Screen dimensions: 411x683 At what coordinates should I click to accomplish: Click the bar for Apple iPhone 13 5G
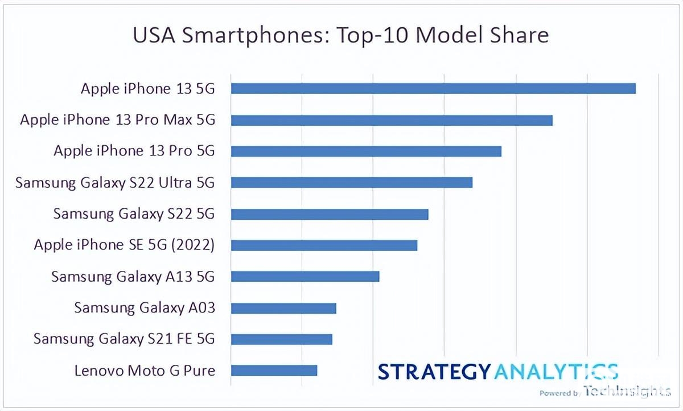pyautogui.click(x=433, y=88)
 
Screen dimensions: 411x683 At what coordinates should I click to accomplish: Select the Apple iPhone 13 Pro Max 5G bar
pyautogui.click(x=392, y=120)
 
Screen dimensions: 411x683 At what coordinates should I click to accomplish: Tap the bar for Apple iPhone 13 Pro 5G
pyautogui.click(x=366, y=151)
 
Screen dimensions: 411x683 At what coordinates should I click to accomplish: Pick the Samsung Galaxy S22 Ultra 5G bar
pyautogui.click(x=352, y=182)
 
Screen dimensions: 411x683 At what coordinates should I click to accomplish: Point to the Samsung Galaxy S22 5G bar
pyautogui.click(x=330, y=214)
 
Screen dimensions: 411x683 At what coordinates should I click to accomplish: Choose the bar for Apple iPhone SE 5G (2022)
pyautogui.click(x=324, y=245)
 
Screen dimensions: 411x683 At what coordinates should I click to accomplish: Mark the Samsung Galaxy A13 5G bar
pyautogui.click(x=305, y=277)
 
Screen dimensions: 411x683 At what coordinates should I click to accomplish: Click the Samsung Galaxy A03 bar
pyautogui.click(x=283, y=308)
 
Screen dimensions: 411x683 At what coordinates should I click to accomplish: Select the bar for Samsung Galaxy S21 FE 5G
pyautogui.click(x=282, y=339)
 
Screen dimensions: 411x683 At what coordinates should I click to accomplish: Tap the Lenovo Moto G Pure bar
pyautogui.click(x=274, y=371)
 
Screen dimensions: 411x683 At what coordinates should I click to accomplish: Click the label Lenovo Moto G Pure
pyautogui.click(x=145, y=371)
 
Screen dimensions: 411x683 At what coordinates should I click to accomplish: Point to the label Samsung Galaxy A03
pyautogui.click(x=145, y=308)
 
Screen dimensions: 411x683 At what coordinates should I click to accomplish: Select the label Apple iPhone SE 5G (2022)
pyautogui.click(x=124, y=245)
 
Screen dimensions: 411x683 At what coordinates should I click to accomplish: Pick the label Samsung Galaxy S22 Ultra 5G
pyautogui.click(x=115, y=182)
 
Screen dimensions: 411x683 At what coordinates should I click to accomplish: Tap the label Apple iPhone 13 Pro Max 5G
pyautogui.click(x=117, y=120)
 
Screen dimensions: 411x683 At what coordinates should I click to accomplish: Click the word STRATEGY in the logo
pyautogui.click(x=434, y=371)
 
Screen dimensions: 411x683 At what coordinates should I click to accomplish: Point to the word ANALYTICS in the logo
pyautogui.click(x=555, y=371)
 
